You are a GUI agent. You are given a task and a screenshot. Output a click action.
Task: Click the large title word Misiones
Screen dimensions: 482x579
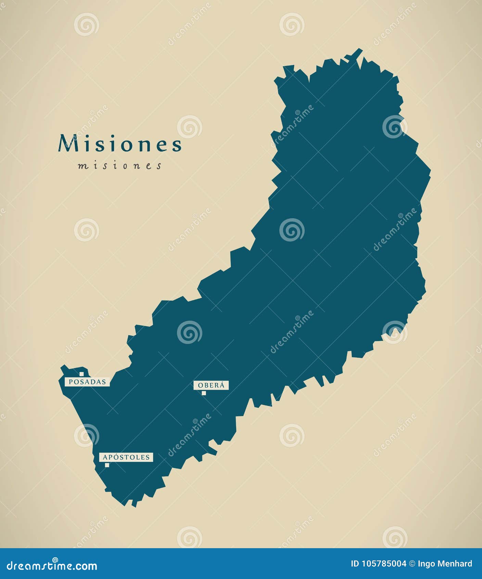120,144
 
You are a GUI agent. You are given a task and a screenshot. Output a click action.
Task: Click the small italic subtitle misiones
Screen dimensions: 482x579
120,166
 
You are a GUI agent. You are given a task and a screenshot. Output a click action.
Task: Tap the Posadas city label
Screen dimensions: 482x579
87,382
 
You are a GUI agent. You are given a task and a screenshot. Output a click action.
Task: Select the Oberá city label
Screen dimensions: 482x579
211,385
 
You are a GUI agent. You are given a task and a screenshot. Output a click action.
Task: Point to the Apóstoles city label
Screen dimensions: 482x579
126,457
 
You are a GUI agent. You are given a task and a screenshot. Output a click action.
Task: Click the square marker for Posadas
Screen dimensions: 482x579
81,374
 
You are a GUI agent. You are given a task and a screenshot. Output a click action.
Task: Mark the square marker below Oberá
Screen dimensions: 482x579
204,393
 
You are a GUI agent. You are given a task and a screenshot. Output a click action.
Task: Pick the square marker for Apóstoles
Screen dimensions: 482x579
107,465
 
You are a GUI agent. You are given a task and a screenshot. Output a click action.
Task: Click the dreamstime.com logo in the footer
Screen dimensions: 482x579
52,566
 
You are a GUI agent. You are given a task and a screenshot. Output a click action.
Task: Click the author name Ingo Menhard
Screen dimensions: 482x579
445,564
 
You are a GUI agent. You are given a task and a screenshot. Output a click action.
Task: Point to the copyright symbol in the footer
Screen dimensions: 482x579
412,564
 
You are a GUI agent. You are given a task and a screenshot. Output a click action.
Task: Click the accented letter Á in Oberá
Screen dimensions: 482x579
222,385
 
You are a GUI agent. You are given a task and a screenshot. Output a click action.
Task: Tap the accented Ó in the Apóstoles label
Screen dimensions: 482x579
116,457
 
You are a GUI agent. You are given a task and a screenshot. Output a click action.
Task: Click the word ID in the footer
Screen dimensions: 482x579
355,564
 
